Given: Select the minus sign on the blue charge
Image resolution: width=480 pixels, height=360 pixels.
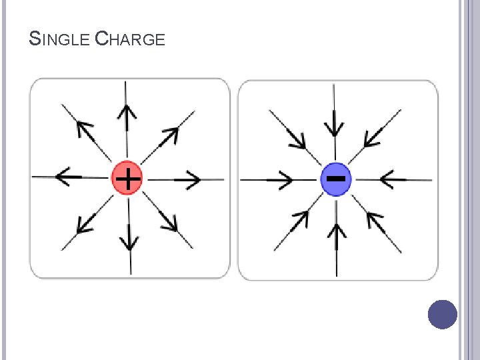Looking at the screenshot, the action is pyautogui.click(x=337, y=178).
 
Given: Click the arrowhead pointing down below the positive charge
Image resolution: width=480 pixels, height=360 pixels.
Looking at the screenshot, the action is pyautogui.click(x=129, y=238).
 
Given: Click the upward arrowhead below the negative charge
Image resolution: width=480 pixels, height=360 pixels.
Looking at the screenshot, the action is pyautogui.click(x=337, y=230).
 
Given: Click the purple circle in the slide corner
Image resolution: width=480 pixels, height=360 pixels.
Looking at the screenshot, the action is pyautogui.click(x=442, y=314).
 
